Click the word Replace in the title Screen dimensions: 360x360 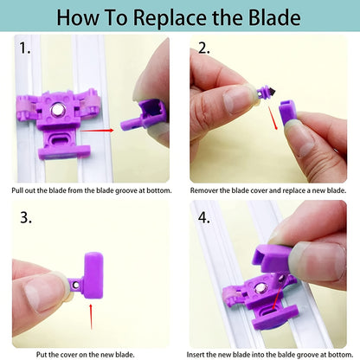point(165,17)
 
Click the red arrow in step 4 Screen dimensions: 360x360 point(276,306)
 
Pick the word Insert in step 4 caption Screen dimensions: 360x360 point(204,354)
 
